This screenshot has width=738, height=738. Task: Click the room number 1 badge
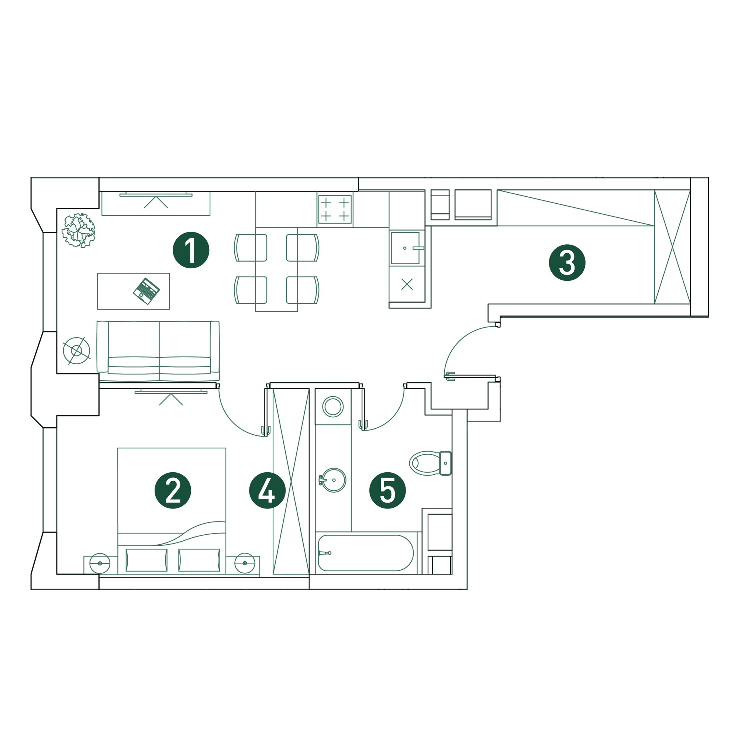[x=191, y=250]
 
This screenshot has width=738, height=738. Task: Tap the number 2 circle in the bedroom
[x=173, y=490]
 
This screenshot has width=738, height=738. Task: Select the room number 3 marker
[x=567, y=263]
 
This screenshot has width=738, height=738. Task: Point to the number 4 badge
[x=268, y=490]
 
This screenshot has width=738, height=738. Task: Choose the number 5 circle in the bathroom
[x=387, y=490]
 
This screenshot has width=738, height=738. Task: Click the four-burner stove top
[x=335, y=209]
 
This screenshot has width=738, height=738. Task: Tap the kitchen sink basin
[x=405, y=248]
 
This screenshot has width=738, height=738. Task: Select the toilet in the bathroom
[x=431, y=463]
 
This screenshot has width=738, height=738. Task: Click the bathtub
[x=366, y=553]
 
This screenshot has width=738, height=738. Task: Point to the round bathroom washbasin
[x=333, y=480]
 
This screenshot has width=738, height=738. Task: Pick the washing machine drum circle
[x=333, y=407]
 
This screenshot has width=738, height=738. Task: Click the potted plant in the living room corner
[x=79, y=230]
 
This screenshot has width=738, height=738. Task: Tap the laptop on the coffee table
[x=146, y=291]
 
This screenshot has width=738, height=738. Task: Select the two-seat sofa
[x=158, y=351]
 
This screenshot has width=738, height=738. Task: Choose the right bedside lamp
[x=245, y=563]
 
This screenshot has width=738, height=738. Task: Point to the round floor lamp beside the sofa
[x=76, y=350]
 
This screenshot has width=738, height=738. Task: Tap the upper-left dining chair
[x=251, y=248]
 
